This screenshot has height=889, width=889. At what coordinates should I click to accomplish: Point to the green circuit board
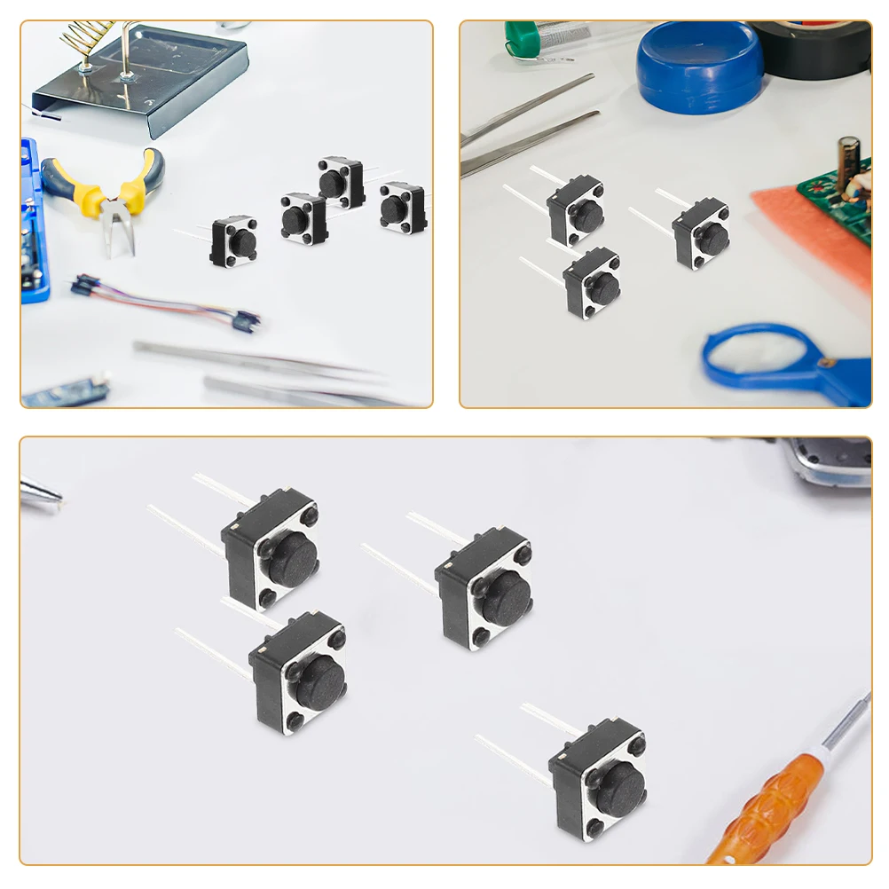pos(839,200)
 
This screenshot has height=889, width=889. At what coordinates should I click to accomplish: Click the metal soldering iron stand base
pos(142,84)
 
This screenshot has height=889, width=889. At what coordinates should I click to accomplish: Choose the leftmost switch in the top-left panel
pos(235,242)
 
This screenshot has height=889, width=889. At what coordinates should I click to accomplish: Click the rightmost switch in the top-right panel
pos(702,232)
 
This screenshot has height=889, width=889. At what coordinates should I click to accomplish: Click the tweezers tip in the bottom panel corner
pos(41,492)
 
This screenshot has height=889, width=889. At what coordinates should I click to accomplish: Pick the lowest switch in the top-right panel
pos(593,283)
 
